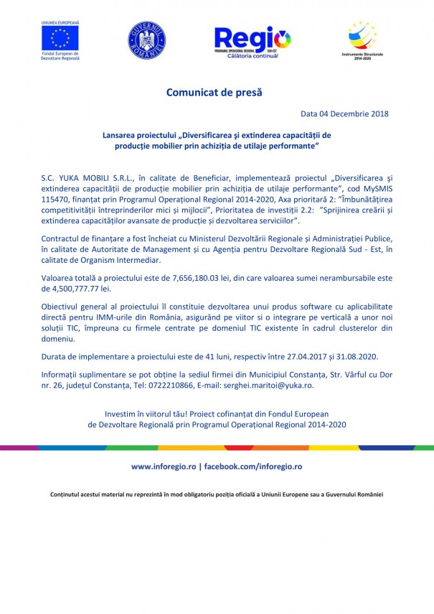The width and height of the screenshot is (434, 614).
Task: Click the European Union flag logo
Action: coord(60,38)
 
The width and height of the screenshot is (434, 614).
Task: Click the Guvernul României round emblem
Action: coord(146,40)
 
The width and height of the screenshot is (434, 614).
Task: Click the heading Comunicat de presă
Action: coord(214,93)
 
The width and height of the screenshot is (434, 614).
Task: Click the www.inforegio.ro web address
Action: coord(163,466)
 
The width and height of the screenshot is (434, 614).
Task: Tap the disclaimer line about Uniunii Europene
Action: coord(217,494)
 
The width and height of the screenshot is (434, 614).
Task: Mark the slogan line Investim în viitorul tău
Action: coord(217,414)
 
